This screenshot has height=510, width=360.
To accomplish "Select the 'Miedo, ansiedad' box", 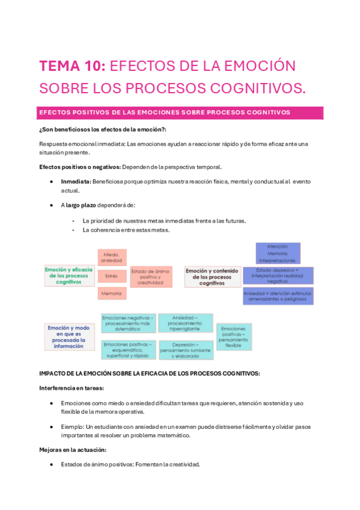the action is point(112,257).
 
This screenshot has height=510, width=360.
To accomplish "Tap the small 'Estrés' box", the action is point(111,276).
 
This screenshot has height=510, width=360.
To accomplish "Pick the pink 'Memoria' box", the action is point(111,293).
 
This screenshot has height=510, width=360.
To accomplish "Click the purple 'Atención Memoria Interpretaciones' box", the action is point(278,253).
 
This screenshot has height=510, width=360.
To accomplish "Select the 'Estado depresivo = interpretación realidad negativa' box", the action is point(278,275).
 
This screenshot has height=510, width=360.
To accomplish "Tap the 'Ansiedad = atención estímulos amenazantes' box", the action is point(278,295).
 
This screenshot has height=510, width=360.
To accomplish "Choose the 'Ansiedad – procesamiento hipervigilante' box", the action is point(185,323).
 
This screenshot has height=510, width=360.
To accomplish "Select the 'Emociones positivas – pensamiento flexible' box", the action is point(234,337).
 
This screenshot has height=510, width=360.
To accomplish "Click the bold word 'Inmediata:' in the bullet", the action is point(76,181).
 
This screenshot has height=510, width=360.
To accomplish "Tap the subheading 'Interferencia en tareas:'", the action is point(72,388).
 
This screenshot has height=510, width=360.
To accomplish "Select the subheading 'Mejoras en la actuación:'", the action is point(73,449).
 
